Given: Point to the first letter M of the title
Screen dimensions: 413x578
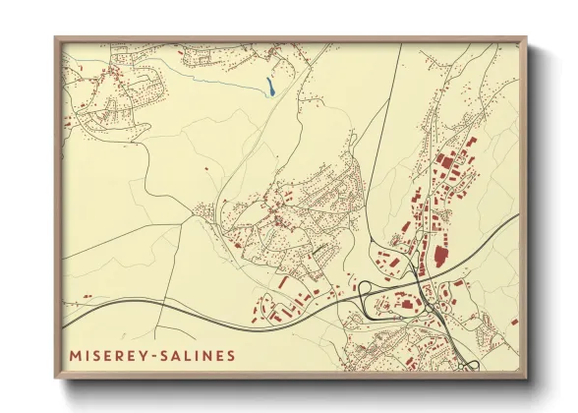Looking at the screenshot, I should [x=75, y=353].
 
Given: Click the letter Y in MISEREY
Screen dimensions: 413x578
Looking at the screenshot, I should [x=137, y=353].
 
